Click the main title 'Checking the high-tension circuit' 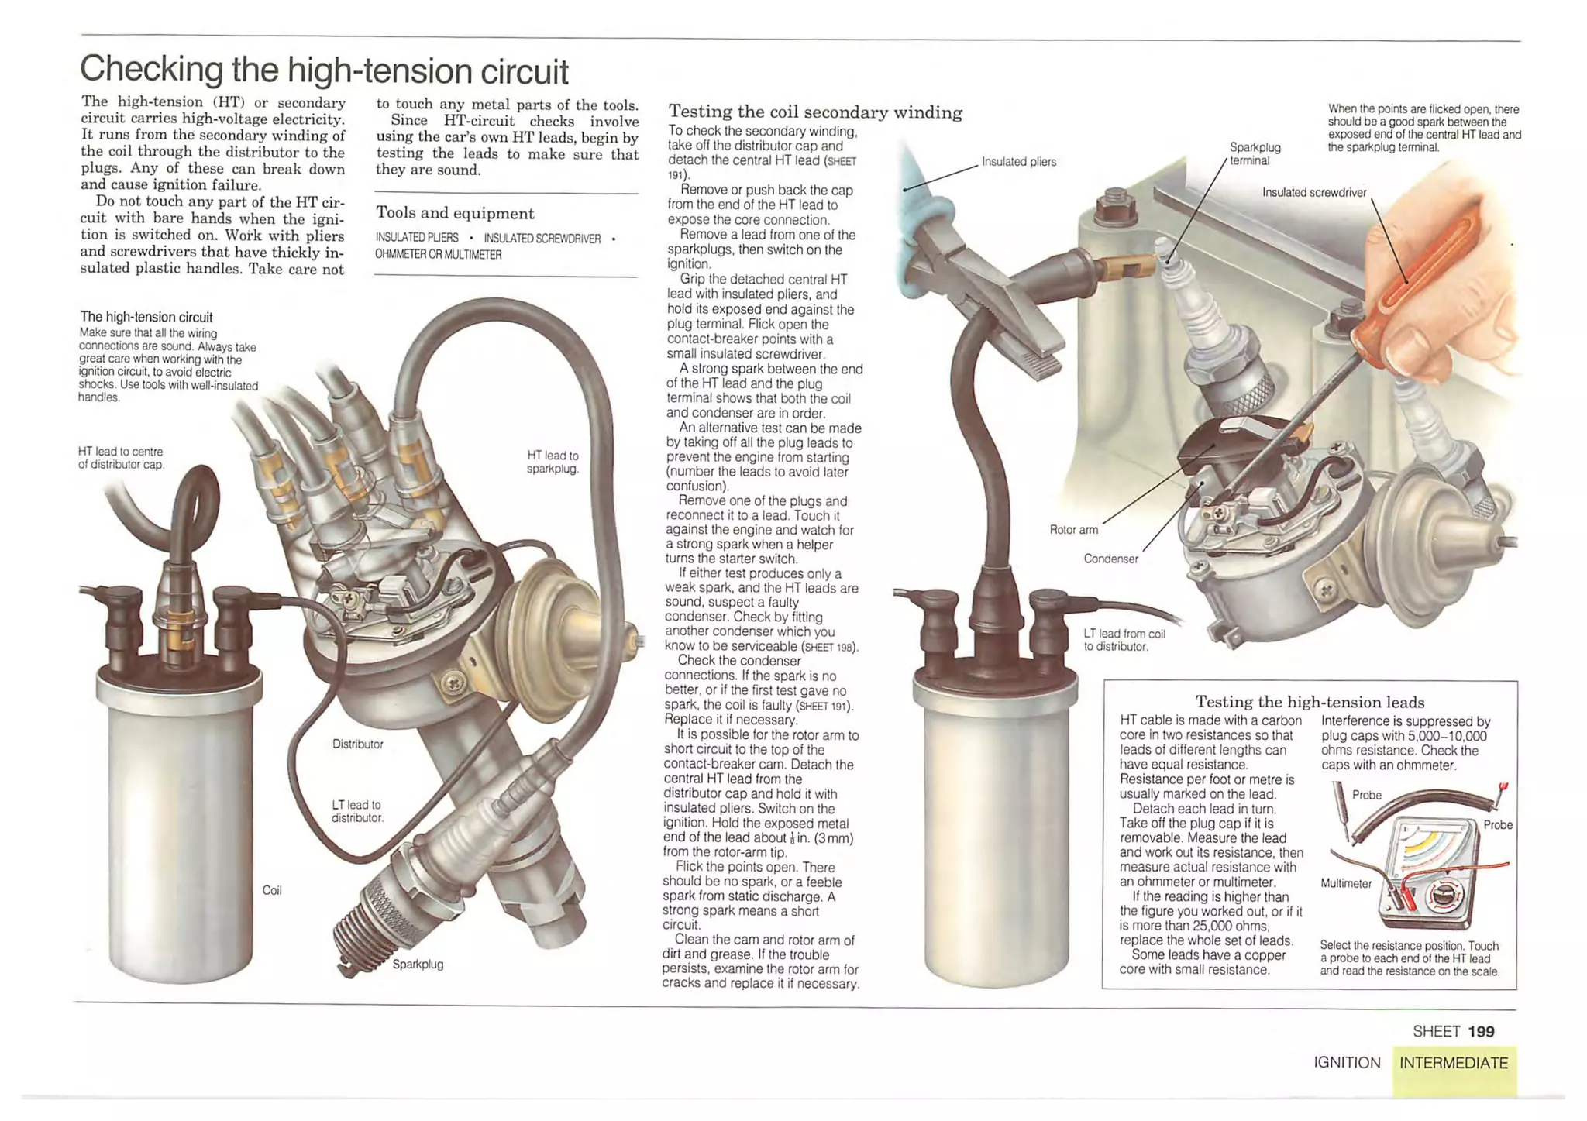[x=324, y=70]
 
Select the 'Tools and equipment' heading [x=455, y=213]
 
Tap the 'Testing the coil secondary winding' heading [x=815, y=113]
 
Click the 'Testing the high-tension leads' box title [x=1310, y=702]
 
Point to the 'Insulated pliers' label [x=1019, y=162]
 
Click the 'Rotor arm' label [x=1073, y=530]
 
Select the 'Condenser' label [x=1110, y=559]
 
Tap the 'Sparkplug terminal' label [x=1255, y=153]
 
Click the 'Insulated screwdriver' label [x=1314, y=192]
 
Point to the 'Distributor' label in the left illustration [x=357, y=744]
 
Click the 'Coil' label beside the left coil [x=272, y=891]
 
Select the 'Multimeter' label [x=1346, y=884]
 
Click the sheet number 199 [x=1481, y=1031]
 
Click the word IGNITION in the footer [x=1347, y=1063]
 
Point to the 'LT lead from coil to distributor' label [x=1124, y=640]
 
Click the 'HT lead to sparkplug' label [x=553, y=462]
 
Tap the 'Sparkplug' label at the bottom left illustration [x=418, y=965]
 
